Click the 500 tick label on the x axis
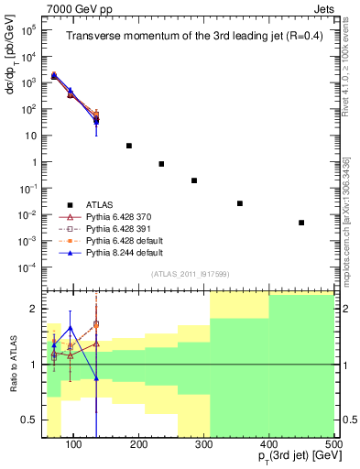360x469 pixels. click(x=333, y=445)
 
